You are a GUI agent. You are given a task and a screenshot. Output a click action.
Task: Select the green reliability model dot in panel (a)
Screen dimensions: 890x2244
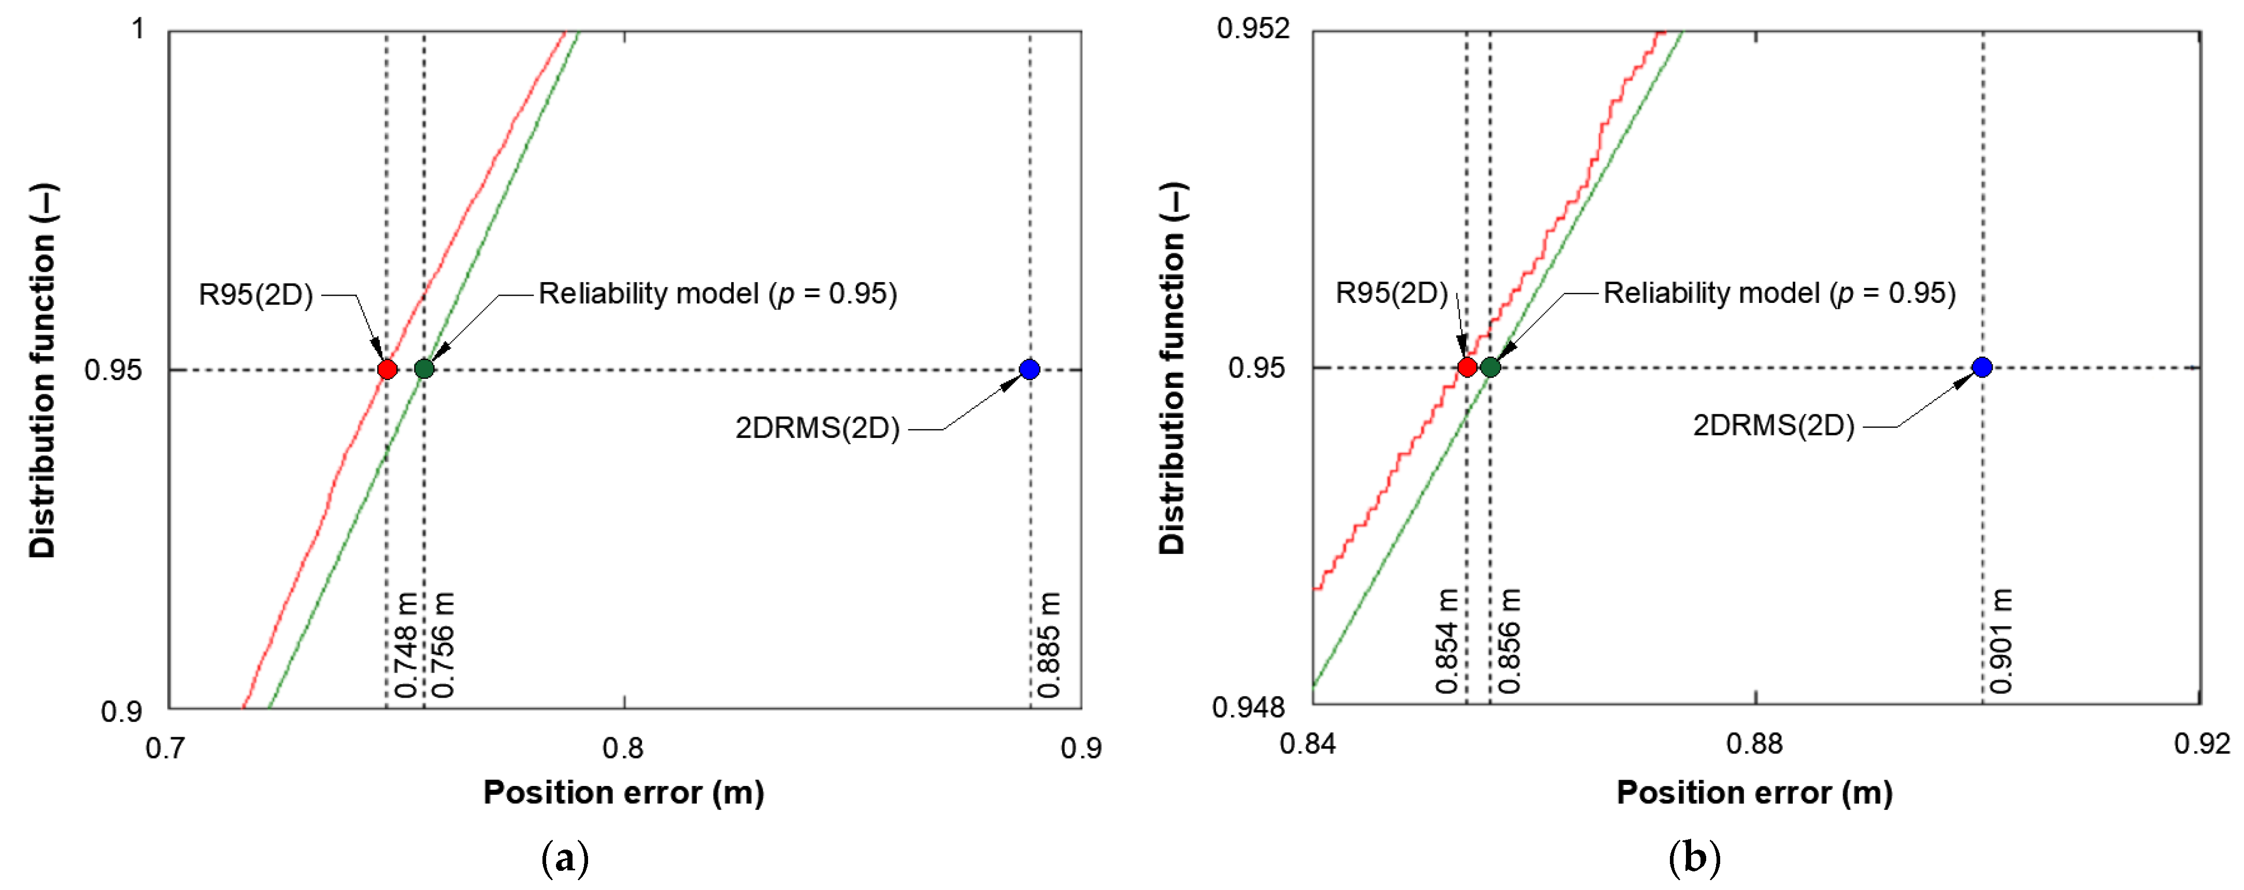click(424, 369)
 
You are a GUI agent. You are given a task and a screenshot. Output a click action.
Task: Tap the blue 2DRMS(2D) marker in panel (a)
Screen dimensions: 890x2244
click(1030, 369)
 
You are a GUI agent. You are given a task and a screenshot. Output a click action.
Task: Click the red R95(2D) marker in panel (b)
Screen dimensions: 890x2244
click(1467, 367)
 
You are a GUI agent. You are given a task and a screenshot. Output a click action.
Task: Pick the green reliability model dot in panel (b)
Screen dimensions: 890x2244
click(1491, 367)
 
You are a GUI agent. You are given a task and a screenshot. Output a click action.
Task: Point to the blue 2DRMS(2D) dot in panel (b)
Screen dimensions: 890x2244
click(1983, 367)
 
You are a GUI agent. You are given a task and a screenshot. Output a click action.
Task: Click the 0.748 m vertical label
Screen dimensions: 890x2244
click(406, 645)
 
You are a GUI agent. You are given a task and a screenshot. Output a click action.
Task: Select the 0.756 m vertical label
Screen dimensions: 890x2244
click(444, 645)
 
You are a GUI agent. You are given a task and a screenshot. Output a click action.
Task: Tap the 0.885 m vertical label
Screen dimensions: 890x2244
click(1049, 645)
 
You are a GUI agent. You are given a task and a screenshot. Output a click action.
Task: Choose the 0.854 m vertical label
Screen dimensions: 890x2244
click(1447, 642)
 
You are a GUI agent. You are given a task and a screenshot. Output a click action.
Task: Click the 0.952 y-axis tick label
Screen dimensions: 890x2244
click(1253, 29)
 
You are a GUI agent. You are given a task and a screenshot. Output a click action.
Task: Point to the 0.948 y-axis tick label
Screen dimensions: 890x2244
click(1248, 707)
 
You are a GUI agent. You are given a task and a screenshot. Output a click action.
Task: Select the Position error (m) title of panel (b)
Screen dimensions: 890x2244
click(1754, 793)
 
